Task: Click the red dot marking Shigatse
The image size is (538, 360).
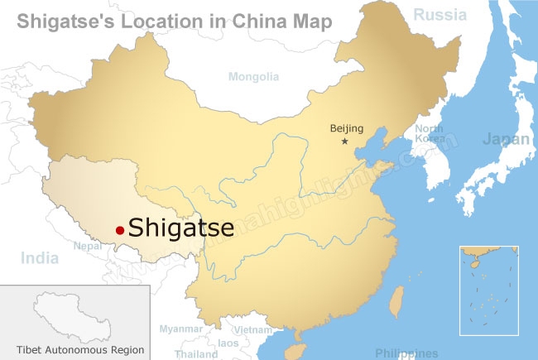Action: (120, 229)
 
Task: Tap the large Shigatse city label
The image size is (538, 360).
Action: (181, 228)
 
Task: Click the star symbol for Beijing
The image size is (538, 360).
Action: (345, 142)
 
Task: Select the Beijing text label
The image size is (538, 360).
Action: (347, 128)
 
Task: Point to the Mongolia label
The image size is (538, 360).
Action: (253, 77)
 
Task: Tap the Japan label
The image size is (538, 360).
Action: (506, 139)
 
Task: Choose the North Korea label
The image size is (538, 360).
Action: (429, 134)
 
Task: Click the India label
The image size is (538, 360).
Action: (40, 258)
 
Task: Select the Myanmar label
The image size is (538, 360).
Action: (180, 329)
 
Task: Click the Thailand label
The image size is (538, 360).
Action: (196, 353)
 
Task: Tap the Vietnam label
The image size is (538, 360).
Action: (252, 329)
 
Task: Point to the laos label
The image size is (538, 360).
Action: (228, 343)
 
